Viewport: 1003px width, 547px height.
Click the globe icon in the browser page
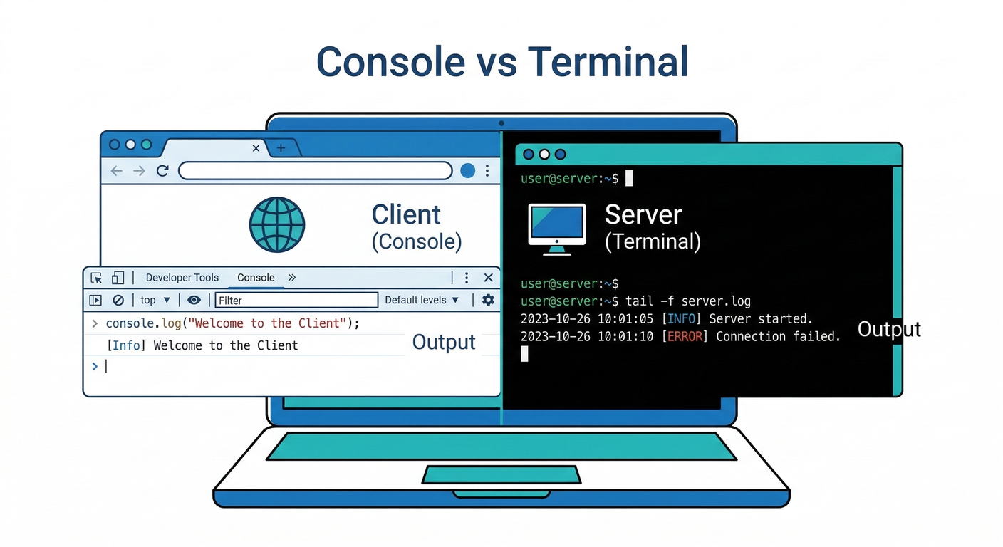(x=277, y=225)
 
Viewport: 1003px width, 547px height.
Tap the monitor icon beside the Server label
(x=556, y=229)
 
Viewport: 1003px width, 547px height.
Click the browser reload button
(x=162, y=171)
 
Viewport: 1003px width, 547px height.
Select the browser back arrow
(x=117, y=171)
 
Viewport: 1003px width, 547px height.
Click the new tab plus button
(x=281, y=148)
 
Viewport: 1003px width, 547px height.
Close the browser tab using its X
(x=256, y=148)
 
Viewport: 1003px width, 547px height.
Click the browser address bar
(x=315, y=171)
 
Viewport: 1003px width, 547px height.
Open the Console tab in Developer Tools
(x=256, y=278)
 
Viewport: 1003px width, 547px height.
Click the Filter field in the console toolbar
(x=296, y=300)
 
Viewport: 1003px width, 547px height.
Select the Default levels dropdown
(x=422, y=300)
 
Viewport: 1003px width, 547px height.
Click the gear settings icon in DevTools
(x=488, y=300)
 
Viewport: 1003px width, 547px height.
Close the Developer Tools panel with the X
(x=488, y=278)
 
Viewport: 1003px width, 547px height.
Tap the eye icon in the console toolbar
(x=194, y=300)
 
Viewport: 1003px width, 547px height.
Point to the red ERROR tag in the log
(x=685, y=336)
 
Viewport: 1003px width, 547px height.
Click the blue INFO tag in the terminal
(x=682, y=318)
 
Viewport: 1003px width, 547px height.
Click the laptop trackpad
(x=501, y=474)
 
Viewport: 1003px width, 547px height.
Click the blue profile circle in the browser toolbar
(x=467, y=171)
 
